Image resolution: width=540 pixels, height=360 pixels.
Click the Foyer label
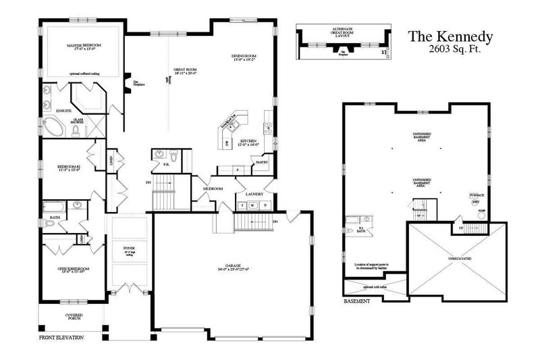(x=129, y=249)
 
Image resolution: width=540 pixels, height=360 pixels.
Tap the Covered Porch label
(x=74, y=317)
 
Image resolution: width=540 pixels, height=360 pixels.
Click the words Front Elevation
(x=61, y=336)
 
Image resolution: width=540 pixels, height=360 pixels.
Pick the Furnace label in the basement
(x=477, y=195)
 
